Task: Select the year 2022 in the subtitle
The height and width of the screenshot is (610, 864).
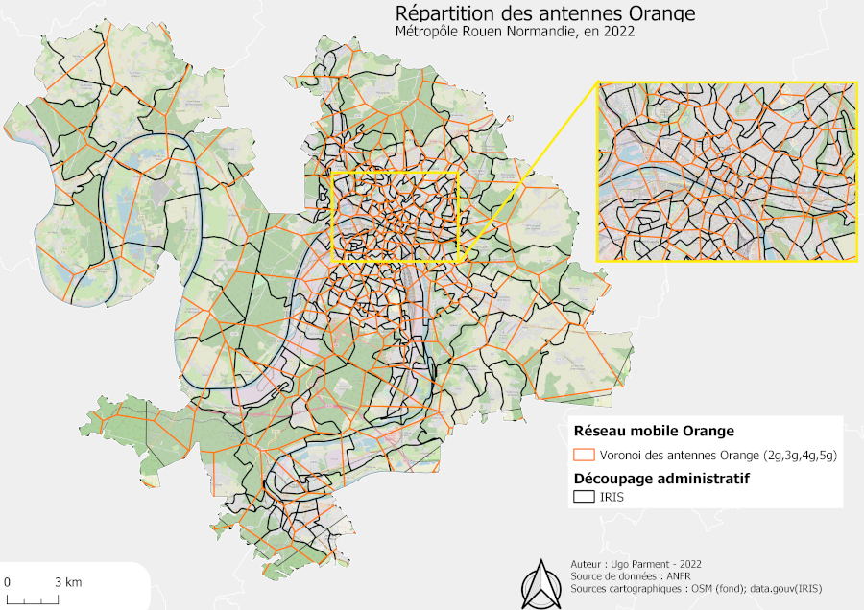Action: (618, 31)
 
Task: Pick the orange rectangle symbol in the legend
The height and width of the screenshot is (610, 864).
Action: (585, 455)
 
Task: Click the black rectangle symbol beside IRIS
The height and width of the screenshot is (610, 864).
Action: (585, 497)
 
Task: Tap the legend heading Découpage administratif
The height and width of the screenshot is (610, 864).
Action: (661, 478)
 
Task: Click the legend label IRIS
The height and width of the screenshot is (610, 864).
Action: (613, 497)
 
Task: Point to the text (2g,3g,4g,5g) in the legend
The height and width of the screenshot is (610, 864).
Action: (801, 455)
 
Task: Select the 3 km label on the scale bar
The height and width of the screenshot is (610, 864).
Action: (67, 582)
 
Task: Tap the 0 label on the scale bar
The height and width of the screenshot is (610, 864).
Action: (7, 582)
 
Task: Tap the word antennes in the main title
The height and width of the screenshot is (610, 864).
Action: (573, 13)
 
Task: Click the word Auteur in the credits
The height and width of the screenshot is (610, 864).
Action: (588, 563)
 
